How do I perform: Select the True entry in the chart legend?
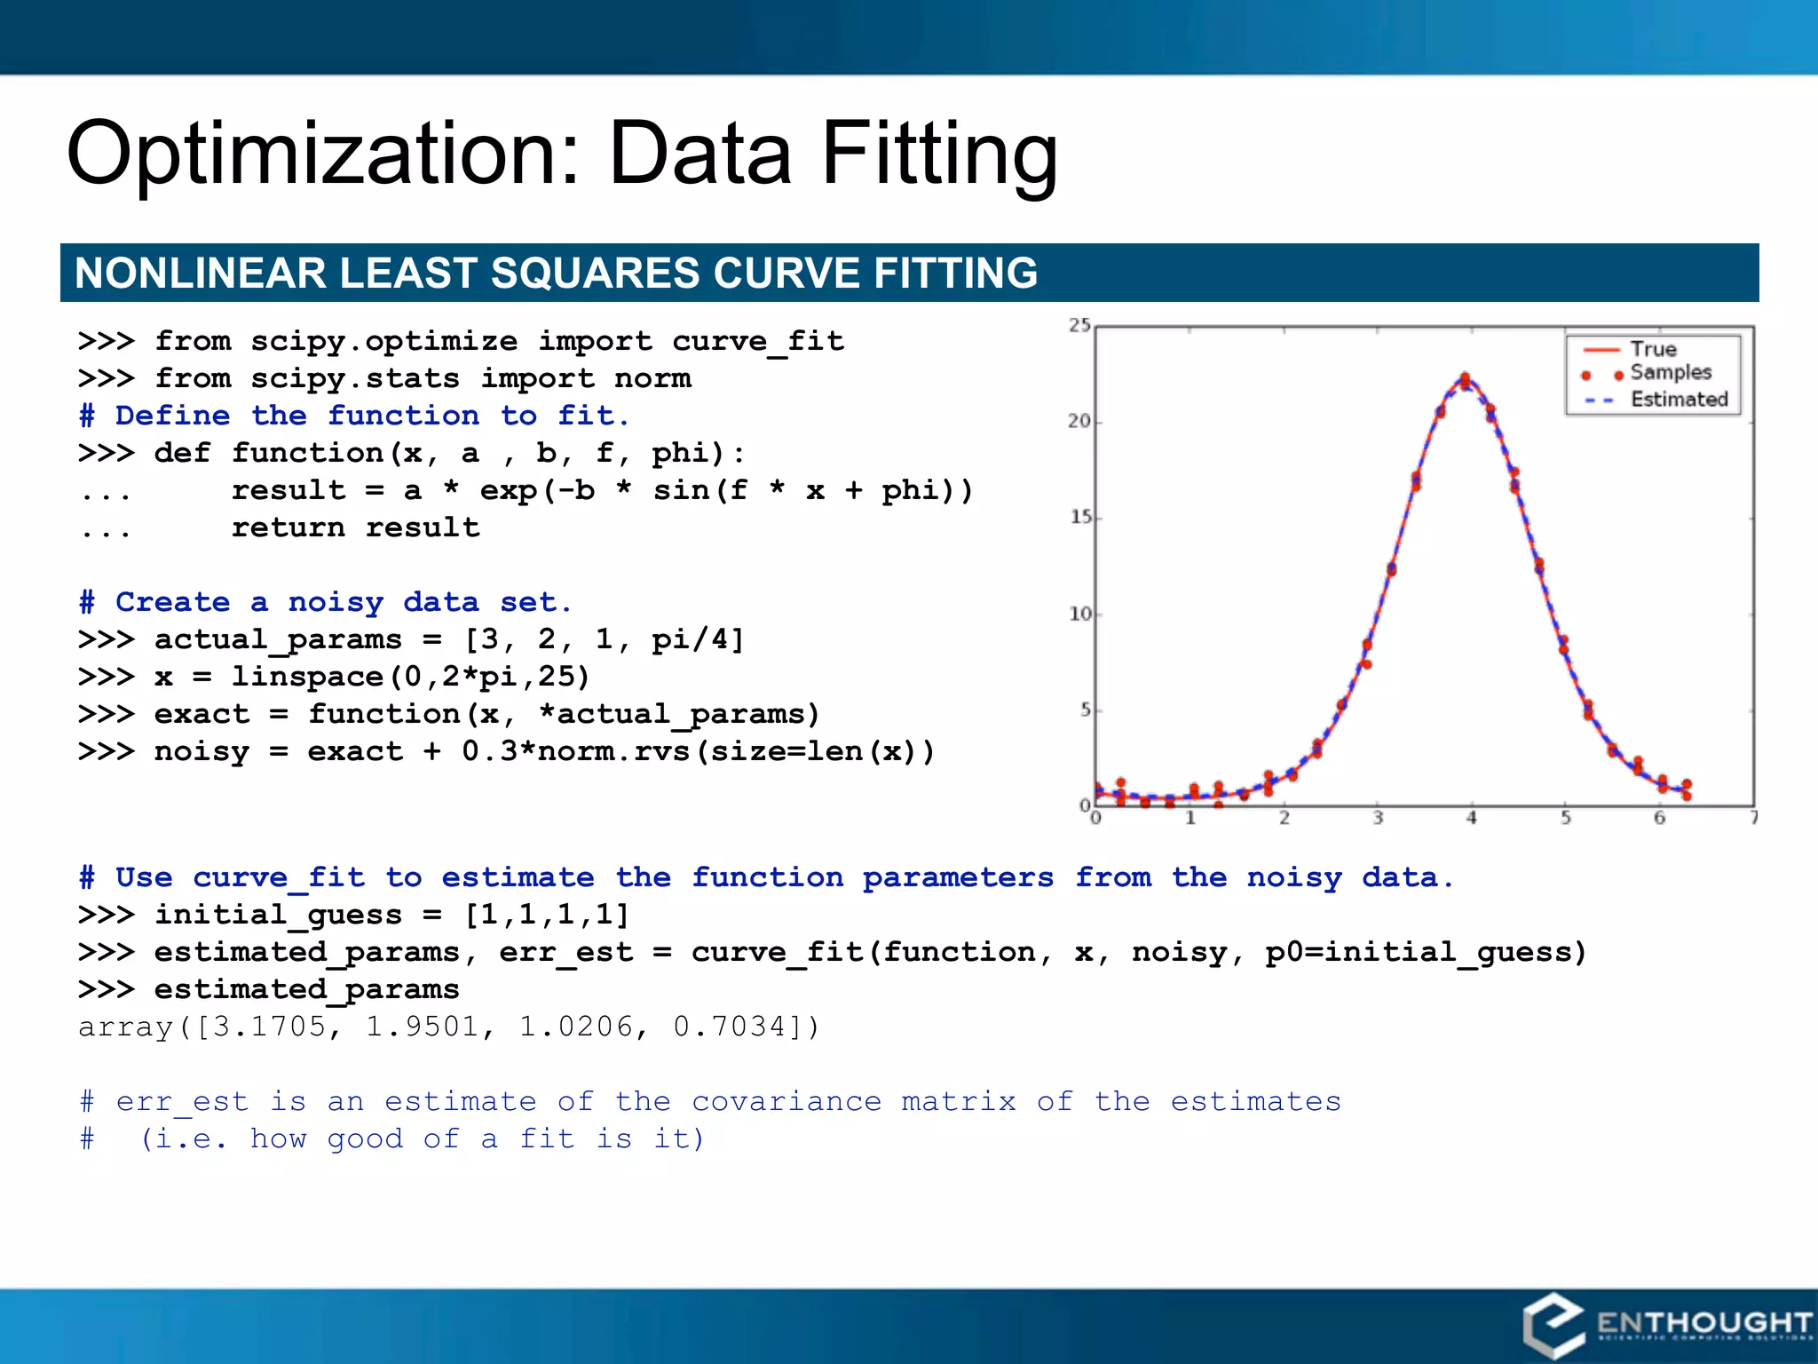pyautogui.click(x=1652, y=349)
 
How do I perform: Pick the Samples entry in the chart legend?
pyautogui.click(x=1670, y=372)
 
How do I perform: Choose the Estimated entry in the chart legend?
pyautogui.click(x=1679, y=400)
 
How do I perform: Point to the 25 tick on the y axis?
pyautogui.click(x=1079, y=325)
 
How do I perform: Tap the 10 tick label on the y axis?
pyautogui.click(x=1079, y=614)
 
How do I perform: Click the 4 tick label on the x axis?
pyautogui.click(x=1471, y=819)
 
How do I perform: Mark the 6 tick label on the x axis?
pyautogui.click(x=1659, y=819)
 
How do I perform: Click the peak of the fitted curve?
pyautogui.click(x=1465, y=381)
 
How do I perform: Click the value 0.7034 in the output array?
pyautogui.click(x=730, y=1027)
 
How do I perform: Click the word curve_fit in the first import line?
pyautogui.click(x=757, y=341)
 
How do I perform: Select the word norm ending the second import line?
pyautogui.click(x=652, y=378)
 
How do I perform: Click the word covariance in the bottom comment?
pyautogui.click(x=786, y=1101)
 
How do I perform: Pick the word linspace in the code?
pyautogui.click(x=307, y=677)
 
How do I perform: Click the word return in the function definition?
pyautogui.click(x=288, y=527)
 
